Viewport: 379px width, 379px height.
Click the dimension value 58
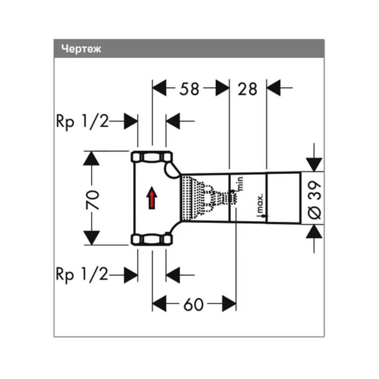[x=189, y=89]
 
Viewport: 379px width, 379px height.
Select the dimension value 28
[x=247, y=89]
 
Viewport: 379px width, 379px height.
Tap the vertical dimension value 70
[x=93, y=198]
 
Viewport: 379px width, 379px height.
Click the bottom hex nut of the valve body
[x=152, y=240]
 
